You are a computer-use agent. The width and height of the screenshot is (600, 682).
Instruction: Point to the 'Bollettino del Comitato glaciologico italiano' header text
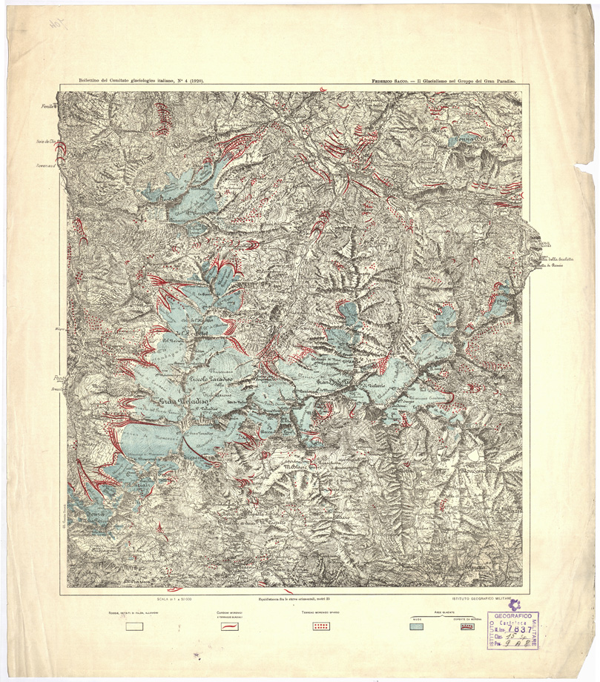pyautogui.click(x=136, y=79)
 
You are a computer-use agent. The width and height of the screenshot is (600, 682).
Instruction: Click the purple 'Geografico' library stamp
pyautogui.click(x=513, y=615)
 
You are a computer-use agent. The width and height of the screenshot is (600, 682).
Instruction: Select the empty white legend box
pyautogui.click(x=134, y=626)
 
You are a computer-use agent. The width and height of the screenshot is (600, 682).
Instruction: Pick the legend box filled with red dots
pyautogui.click(x=320, y=626)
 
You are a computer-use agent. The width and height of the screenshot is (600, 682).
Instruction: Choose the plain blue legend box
pyautogui.click(x=418, y=626)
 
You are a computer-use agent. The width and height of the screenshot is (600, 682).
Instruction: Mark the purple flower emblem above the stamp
pyautogui.click(x=514, y=605)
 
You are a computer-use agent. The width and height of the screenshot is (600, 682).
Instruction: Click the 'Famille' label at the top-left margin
pyautogui.click(x=49, y=108)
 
